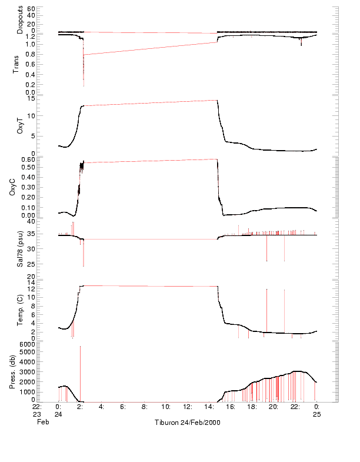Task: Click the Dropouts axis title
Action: (x=19, y=20)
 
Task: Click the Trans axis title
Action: (x=19, y=64)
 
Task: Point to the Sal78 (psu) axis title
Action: (x=19, y=249)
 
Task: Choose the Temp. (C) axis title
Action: (x=19, y=309)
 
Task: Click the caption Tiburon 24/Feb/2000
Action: (x=187, y=423)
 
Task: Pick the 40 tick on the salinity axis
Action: (x=32, y=221)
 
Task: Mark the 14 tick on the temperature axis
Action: (x=32, y=282)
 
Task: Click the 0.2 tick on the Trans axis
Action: (x=30, y=84)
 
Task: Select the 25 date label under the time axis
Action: (x=317, y=414)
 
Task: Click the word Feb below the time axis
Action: (x=41, y=422)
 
